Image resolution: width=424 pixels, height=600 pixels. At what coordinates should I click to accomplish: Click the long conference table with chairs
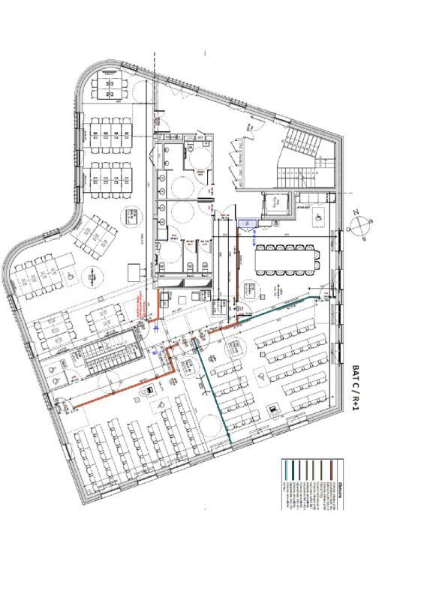[x=290, y=259]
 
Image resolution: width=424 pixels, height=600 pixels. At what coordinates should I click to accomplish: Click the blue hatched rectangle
[x=247, y=223]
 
